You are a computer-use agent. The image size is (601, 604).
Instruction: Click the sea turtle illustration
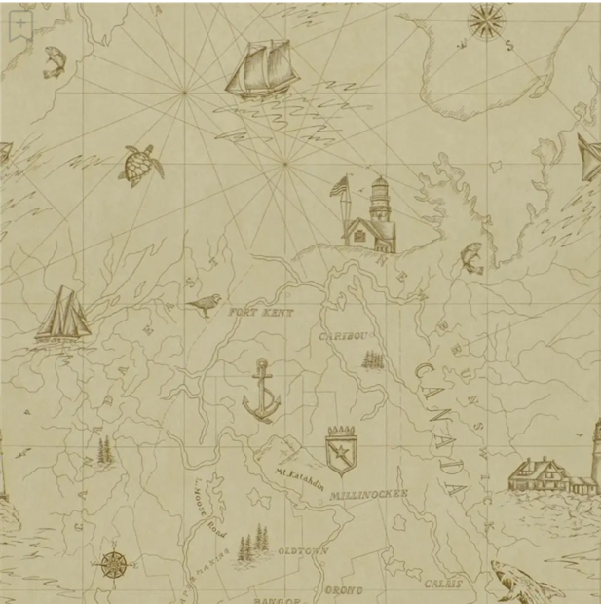click(x=141, y=166)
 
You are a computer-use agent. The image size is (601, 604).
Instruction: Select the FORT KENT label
click(x=260, y=313)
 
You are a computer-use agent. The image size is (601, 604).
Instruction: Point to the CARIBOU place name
click(x=345, y=336)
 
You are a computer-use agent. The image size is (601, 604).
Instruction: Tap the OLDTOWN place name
click(x=303, y=550)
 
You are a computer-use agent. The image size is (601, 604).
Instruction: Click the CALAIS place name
click(x=443, y=585)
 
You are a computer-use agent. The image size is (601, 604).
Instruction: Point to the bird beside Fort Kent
click(x=204, y=306)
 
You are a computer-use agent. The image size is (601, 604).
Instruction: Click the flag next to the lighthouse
click(x=339, y=186)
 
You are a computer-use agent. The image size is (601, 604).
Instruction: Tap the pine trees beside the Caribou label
click(x=372, y=359)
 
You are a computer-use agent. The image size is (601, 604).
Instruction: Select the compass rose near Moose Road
click(x=114, y=562)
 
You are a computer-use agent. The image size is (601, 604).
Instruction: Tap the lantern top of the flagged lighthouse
click(x=380, y=185)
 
